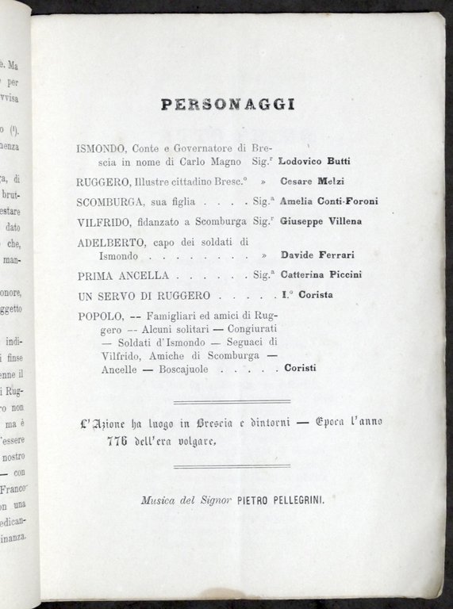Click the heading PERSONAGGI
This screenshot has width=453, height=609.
tap(227, 104)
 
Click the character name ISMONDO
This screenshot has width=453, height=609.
tap(100, 148)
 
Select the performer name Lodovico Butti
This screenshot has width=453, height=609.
tap(314, 161)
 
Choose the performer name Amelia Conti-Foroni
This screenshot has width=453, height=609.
tap(328, 201)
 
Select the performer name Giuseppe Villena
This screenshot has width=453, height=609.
tap(321, 222)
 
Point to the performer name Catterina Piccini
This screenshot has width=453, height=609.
tap(321, 276)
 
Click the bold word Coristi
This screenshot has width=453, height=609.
tap(300, 368)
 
